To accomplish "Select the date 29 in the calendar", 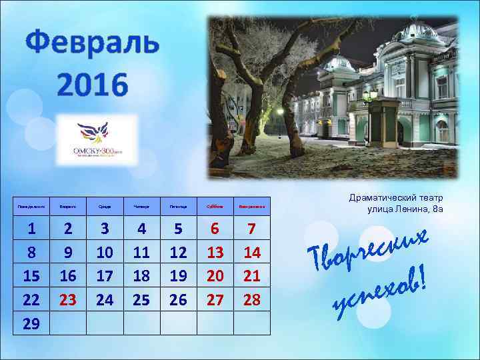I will click(x=31, y=323).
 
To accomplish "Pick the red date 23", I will click(x=68, y=299).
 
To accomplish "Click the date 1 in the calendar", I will click(x=31, y=229).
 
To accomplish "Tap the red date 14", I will click(x=251, y=252).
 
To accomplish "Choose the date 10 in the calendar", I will click(x=105, y=252).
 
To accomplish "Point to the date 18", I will click(x=141, y=276).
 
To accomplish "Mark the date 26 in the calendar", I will click(x=178, y=299).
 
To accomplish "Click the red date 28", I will click(x=251, y=299).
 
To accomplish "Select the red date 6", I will click(x=215, y=229).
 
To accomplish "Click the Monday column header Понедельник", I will click(x=31, y=207).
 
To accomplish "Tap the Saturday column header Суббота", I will click(x=215, y=207).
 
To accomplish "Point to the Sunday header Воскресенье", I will click(x=251, y=207).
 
